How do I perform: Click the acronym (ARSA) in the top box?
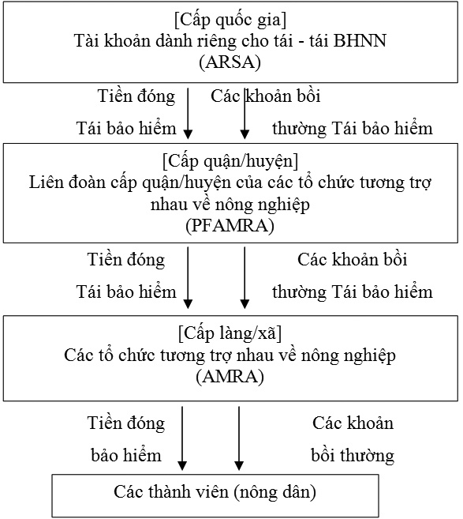pos(230,62)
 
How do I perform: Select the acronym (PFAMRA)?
pos(230,226)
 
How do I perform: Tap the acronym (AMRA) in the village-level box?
pos(230,377)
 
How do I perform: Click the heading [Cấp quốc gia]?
pos(230,21)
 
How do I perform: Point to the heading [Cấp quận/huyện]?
pos(230,162)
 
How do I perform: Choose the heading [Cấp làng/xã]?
pos(230,333)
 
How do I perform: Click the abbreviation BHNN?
pos(360,41)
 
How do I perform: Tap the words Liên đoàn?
pos(67,182)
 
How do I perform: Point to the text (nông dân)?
pos(274,492)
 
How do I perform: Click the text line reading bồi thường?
pos(353,456)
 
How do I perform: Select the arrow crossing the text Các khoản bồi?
pos(245,113)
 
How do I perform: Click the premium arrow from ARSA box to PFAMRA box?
pos(188,113)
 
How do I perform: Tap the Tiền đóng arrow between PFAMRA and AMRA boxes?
pos(188,278)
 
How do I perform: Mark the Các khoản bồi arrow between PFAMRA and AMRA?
pos(245,278)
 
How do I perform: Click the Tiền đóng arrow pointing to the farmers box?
pos(182,438)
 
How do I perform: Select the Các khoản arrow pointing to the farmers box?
pos(239,438)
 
